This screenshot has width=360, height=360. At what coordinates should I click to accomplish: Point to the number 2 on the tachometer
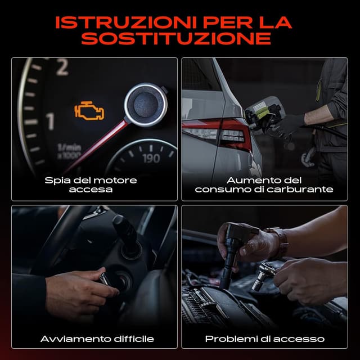62,68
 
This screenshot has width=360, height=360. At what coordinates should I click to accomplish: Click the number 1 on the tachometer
50,121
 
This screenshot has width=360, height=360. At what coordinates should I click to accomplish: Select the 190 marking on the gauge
151,159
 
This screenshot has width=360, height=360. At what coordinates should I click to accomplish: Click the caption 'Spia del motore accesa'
91,184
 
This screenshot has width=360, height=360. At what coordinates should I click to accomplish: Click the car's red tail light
224,135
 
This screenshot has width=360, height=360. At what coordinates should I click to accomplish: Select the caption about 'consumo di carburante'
264,190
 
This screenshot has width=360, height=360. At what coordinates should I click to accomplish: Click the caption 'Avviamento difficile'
97,339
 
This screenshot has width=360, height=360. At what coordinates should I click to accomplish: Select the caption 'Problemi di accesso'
264,339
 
